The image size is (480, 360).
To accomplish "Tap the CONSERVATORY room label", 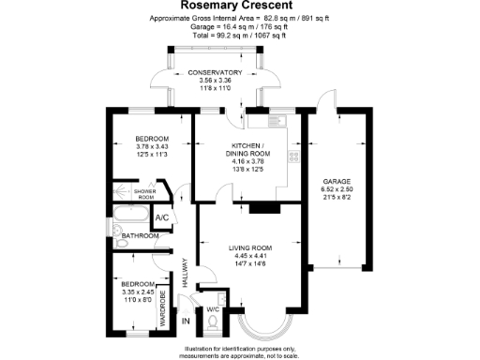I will point(216,73).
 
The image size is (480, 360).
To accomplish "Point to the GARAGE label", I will point(337,181).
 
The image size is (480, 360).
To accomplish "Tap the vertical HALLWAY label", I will point(185,272).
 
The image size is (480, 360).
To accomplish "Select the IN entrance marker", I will point(185,322).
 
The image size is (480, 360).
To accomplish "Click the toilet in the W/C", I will point(214,323).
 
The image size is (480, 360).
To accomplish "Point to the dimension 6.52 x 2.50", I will point(337,189).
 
